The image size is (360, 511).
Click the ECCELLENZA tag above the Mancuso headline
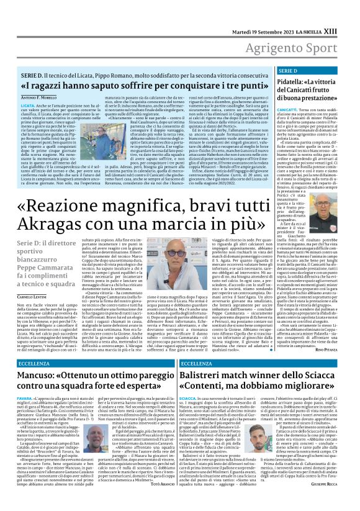(35, 363)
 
